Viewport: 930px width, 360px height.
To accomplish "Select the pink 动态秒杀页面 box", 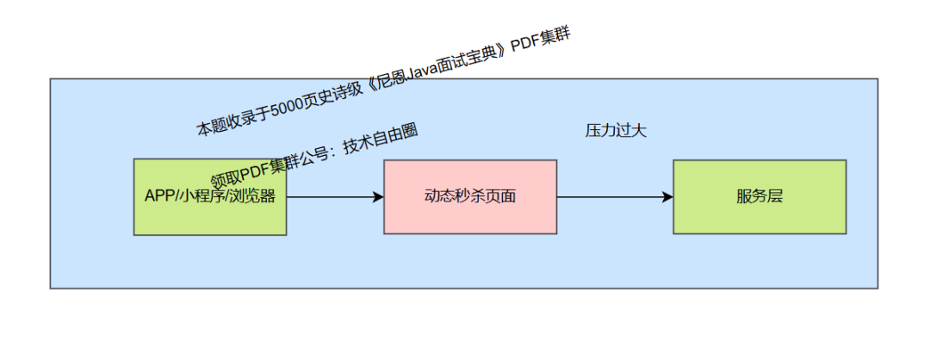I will (x=470, y=196).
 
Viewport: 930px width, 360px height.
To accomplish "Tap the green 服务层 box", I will (x=759, y=196).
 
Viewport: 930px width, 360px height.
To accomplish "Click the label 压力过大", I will (x=616, y=131).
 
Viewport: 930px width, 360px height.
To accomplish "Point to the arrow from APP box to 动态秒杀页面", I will (x=332, y=197).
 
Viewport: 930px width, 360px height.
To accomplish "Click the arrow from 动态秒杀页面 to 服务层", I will (x=611, y=197).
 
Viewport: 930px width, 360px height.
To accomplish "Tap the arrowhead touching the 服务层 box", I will (x=667, y=197).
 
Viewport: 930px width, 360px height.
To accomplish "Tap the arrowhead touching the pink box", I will (x=378, y=197).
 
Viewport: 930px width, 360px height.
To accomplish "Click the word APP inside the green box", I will (x=160, y=196).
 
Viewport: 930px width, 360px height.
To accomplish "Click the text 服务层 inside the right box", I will (x=759, y=196).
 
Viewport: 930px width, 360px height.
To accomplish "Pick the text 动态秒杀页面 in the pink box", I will (x=470, y=196).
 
